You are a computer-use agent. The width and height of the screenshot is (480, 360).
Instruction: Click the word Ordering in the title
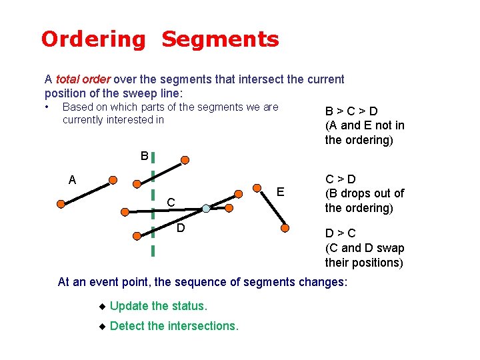[92, 40]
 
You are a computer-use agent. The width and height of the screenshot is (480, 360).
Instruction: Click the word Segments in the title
[220, 40]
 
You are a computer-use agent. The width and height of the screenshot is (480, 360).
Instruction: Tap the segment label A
[72, 179]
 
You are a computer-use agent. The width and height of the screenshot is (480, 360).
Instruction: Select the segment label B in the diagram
[144, 156]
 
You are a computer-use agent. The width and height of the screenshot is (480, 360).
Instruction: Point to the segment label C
[171, 202]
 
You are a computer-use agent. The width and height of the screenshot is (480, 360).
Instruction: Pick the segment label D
[181, 229]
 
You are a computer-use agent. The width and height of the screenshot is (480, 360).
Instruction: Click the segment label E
[281, 192]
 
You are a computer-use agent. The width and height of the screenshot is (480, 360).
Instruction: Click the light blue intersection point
[206, 209]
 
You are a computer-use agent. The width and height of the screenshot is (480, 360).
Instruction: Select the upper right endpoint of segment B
[185, 160]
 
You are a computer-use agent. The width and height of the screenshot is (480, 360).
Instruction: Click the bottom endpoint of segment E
[285, 227]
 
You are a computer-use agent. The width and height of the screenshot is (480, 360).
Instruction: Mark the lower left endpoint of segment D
[137, 235]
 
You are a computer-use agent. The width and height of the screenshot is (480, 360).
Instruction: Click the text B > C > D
[351, 111]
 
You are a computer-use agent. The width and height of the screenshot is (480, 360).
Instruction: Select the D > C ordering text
[340, 233]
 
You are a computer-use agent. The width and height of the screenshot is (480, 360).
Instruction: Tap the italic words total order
[83, 79]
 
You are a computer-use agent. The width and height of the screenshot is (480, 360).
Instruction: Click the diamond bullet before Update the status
[102, 307]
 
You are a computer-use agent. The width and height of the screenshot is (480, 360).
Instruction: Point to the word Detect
[127, 326]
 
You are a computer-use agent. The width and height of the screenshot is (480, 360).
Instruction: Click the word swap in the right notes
[388, 248]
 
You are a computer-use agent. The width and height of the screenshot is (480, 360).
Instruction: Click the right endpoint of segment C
[229, 208]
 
